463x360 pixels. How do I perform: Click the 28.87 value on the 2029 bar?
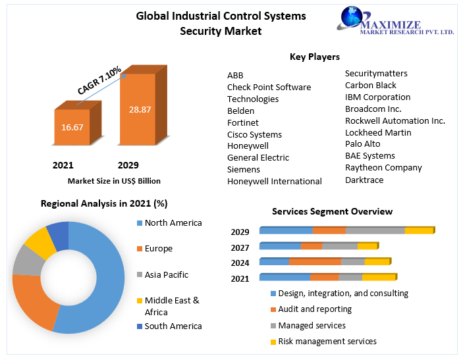pos(140,109)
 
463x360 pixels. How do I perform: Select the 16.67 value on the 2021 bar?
pos(72,127)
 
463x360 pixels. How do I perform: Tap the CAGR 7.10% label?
pos(99,80)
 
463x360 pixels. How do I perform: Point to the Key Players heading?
pos(315,57)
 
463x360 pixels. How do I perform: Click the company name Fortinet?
pos(243,122)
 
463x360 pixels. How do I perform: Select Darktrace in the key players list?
pos(364,180)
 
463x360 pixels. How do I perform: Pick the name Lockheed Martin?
pos(378,132)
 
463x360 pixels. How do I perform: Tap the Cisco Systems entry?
pos(254,134)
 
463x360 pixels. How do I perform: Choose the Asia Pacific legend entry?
pos(167,274)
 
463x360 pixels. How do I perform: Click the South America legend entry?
pos(173,326)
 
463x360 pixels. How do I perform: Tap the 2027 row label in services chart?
pos(240,247)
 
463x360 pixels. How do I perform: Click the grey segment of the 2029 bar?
pos(375,230)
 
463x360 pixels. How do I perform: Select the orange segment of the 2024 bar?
pos(315,262)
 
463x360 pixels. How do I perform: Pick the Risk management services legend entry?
pos(327,341)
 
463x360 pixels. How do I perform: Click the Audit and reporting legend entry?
pos(315,309)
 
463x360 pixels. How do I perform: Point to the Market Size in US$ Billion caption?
pos(114,180)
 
